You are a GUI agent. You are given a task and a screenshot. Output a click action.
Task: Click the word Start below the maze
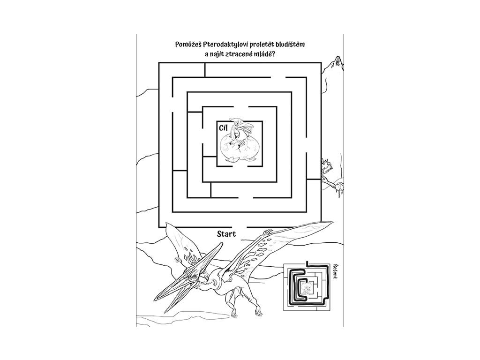coord(226,233)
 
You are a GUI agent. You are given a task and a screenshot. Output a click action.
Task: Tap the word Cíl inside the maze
coord(223,127)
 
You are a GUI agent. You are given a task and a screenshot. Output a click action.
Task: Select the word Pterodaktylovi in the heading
coord(222,45)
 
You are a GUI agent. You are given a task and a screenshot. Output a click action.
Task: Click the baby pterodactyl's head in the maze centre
coord(243,126)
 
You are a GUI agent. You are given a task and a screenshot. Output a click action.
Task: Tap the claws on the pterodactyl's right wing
coord(268,232)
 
